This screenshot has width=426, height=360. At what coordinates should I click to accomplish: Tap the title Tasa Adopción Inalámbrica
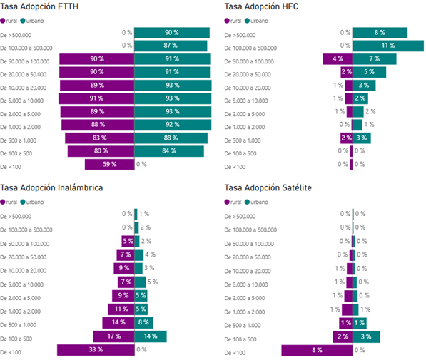[51, 188]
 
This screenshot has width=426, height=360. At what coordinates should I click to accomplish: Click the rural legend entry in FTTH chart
[13, 21]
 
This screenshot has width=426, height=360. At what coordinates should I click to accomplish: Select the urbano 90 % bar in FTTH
[171, 33]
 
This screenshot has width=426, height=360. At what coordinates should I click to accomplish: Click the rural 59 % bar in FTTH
[109, 164]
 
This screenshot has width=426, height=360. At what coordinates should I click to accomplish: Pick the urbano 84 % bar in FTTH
[169, 151]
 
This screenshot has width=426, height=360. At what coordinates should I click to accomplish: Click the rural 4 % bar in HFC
[338, 59]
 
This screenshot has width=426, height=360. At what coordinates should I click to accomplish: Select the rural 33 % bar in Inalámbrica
[95, 349]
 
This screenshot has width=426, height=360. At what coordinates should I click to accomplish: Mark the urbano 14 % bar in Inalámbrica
[150, 336]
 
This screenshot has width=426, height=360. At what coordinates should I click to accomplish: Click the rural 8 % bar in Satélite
[317, 350]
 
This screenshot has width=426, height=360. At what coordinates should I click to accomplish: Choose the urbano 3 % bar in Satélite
[366, 336]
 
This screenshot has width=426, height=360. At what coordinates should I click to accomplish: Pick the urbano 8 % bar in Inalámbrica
[144, 323]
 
